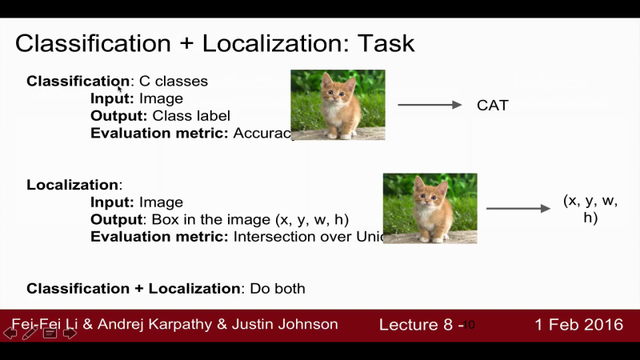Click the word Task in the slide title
(386, 42)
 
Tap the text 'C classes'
(173, 81)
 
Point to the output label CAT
(492, 106)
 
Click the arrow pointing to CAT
(430, 105)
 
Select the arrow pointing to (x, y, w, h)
(518, 209)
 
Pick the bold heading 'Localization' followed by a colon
(73, 185)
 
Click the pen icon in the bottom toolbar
(30, 333)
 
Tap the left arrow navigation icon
(10, 333)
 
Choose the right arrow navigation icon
(70, 333)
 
